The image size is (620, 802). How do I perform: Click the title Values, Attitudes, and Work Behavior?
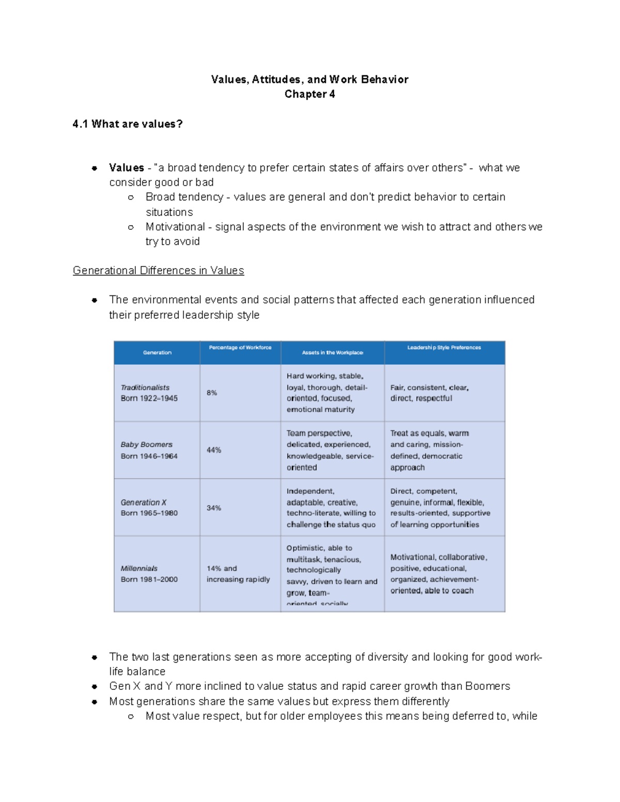pyautogui.click(x=309, y=80)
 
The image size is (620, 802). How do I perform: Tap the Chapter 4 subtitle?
pyautogui.click(x=309, y=94)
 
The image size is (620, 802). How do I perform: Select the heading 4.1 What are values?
pyautogui.click(x=128, y=124)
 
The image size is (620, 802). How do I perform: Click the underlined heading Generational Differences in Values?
pyautogui.click(x=158, y=271)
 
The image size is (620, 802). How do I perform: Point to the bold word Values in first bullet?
pyautogui.click(x=127, y=168)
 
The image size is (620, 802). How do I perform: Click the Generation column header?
pyautogui.click(x=157, y=353)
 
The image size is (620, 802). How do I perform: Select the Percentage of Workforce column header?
pyautogui.click(x=240, y=348)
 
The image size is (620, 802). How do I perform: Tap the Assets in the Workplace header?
pyautogui.click(x=332, y=353)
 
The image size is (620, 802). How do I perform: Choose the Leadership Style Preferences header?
pyautogui.click(x=444, y=348)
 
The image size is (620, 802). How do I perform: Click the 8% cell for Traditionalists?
pyautogui.click(x=212, y=393)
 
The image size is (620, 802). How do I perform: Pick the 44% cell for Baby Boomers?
pyautogui.click(x=214, y=450)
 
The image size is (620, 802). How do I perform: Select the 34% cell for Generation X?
pyautogui.click(x=214, y=508)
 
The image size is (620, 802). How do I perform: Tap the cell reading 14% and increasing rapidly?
pyautogui.click(x=238, y=574)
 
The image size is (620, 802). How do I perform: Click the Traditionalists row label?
pyautogui.click(x=145, y=387)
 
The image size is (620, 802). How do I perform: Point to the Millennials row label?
pyautogui.click(x=139, y=568)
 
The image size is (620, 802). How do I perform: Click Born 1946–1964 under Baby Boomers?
pyautogui.click(x=149, y=456)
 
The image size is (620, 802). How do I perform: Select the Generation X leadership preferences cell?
pyautogui.click(x=440, y=508)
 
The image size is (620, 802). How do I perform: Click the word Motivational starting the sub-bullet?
pyautogui.click(x=175, y=227)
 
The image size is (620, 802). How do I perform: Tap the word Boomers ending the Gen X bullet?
pyautogui.click(x=487, y=686)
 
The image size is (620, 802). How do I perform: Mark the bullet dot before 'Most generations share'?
pyautogui.click(x=95, y=702)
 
